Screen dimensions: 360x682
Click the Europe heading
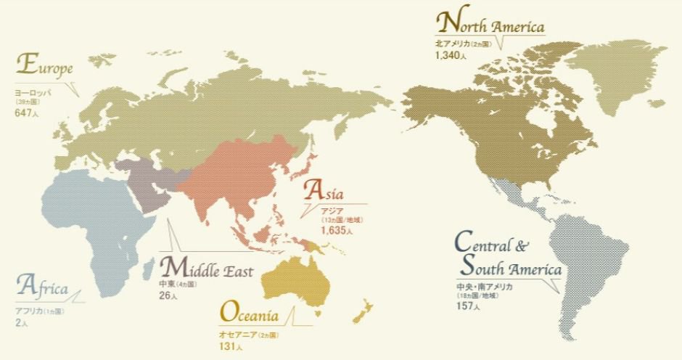point(44,66)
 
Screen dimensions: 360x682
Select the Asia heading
point(334,192)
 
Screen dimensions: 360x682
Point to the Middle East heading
point(205,269)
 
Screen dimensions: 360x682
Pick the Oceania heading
point(248,314)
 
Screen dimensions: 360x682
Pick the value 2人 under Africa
point(21,322)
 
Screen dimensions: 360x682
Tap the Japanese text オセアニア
point(237,335)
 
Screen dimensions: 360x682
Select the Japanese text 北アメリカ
point(451,44)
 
